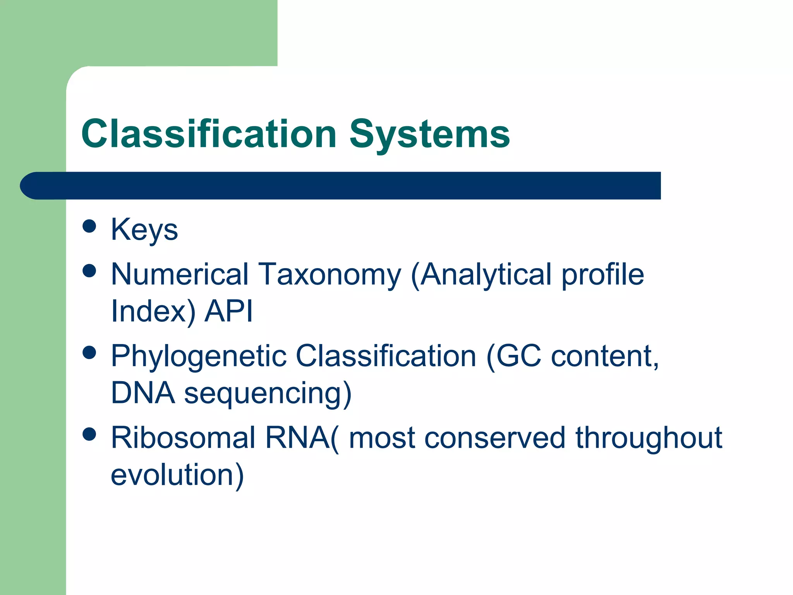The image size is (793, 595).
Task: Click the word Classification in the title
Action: tap(209, 134)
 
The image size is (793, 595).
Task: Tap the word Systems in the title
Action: tap(430, 134)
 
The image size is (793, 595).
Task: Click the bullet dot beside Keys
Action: tap(89, 226)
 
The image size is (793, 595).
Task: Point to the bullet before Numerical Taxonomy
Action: tap(89, 271)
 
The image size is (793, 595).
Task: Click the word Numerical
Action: tap(180, 274)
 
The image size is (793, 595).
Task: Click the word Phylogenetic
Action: tap(199, 356)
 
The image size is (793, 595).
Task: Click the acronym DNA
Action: tap(143, 393)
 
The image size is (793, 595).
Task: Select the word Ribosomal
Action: tap(183, 438)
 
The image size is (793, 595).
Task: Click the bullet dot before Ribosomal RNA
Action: tap(89, 434)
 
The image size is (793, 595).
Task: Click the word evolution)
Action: tap(177, 475)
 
